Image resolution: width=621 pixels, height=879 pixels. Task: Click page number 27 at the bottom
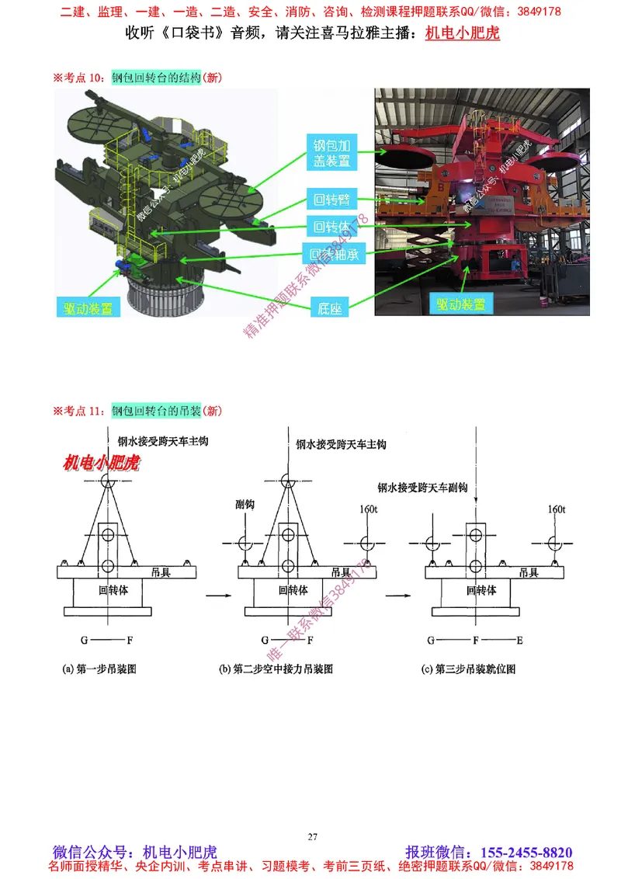(312, 836)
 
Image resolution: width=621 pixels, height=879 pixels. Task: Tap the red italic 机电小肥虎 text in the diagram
(100, 464)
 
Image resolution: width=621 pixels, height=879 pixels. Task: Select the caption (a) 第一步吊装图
(99, 669)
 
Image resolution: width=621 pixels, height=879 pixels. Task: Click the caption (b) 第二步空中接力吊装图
(276, 669)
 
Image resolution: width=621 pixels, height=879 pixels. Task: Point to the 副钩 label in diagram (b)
(245, 505)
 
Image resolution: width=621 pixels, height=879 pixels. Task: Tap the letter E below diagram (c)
(519, 641)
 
